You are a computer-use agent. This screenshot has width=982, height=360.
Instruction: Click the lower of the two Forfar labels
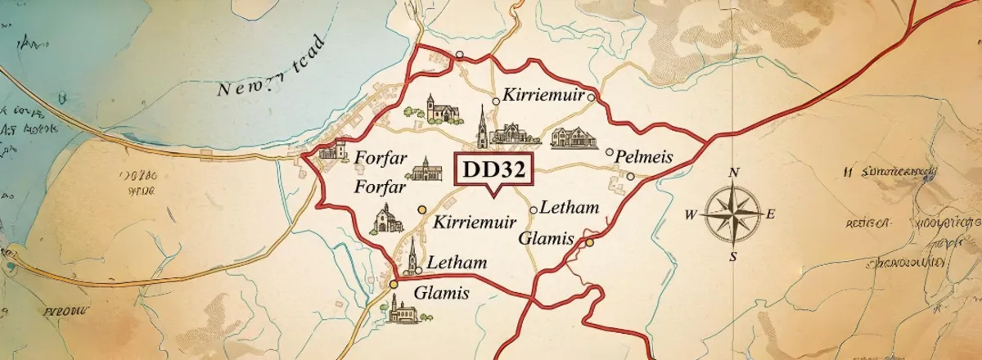pos(381,187)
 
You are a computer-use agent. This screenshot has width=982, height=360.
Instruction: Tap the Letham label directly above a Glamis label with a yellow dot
pos(570,209)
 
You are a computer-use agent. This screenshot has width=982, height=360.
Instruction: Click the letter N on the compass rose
pos(734,173)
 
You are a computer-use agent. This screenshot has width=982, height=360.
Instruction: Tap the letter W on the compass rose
pos(691,215)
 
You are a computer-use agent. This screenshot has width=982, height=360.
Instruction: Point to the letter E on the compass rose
pos(769,215)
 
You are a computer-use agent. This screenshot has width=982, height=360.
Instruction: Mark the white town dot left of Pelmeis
pos(609,151)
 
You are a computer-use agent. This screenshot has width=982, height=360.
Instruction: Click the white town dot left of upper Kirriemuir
pos(496,101)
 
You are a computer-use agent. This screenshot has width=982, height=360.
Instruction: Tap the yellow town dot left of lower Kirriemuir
pos(422,209)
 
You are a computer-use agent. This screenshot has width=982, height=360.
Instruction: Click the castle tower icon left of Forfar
pos(333,150)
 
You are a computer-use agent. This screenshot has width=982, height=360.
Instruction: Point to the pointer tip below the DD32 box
pos(492,196)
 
